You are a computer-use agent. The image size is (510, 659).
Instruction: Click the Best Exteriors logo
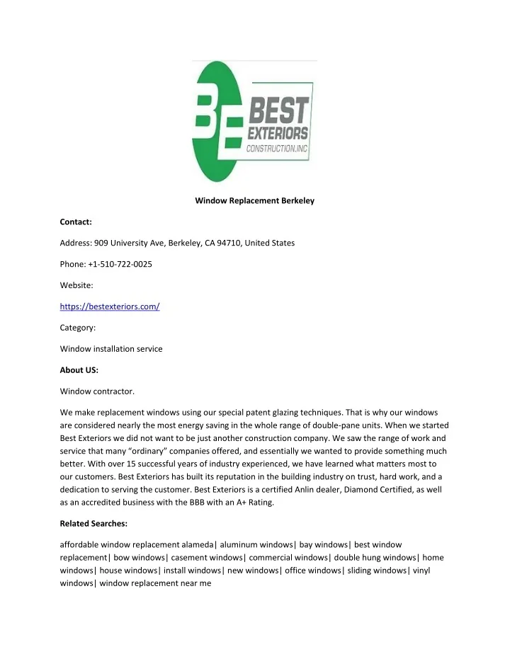(x=253, y=122)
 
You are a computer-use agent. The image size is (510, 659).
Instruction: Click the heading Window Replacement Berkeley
(x=254, y=200)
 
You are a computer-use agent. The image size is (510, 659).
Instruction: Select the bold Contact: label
(x=76, y=222)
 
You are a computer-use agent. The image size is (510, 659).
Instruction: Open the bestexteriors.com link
(x=110, y=306)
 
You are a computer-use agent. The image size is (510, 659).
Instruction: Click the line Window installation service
(x=111, y=349)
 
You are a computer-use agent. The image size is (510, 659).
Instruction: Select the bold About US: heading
(x=79, y=369)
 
